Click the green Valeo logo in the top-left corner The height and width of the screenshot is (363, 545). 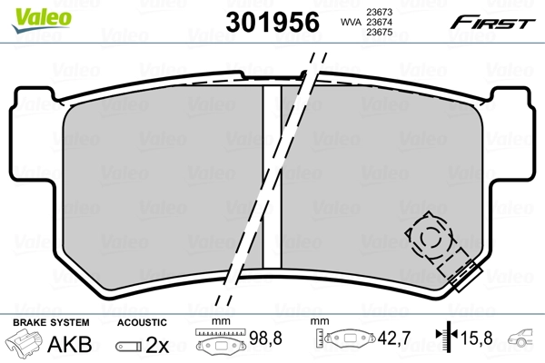coord(30,11)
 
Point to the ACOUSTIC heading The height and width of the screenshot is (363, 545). coord(142,322)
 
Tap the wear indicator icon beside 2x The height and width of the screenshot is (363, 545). coord(131,346)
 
